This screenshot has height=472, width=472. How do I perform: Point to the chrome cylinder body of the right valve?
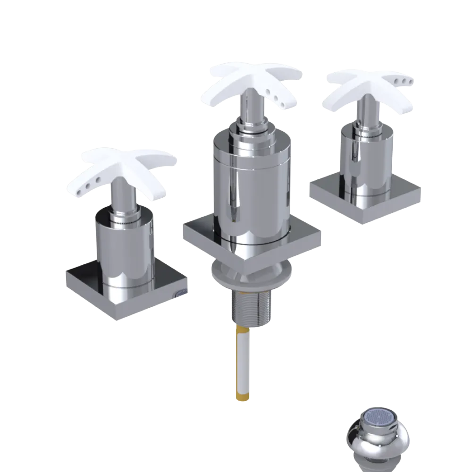(366, 160)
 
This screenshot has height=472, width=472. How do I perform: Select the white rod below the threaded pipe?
(244, 359)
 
